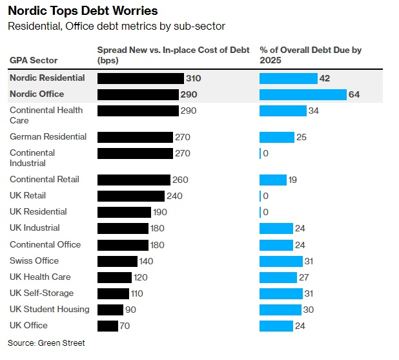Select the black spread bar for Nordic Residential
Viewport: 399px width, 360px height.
pyautogui.click(x=140, y=78)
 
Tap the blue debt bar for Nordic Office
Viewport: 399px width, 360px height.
pyautogui.click(x=303, y=94)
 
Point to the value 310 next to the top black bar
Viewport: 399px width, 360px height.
pyautogui.click(x=194, y=78)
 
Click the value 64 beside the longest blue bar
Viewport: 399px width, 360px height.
pyautogui.click(x=354, y=94)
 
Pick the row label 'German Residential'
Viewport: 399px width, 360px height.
pyautogui.click(x=48, y=136)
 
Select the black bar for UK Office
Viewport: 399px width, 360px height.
pyautogui.click(x=108, y=326)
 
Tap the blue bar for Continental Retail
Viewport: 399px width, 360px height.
pyautogui.click(x=273, y=180)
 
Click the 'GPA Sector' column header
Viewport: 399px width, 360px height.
pyautogui.click(x=34, y=60)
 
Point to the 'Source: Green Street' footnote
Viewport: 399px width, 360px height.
pyautogui.click(x=46, y=343)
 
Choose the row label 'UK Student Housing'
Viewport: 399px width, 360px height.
pyautogui.click(x=50, y=309)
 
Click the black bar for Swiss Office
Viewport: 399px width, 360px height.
pyautogui.click(x=118, y=261)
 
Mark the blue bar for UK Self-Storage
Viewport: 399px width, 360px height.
pyautogui.click(x=281, y=293)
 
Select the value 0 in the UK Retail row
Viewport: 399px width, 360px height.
pyautogui.click(x=265, y=196)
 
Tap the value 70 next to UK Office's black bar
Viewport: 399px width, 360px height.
pyautogui.click(x=125, y=326)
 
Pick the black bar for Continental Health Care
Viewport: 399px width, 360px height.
pyautogui.click(x=138, y=111)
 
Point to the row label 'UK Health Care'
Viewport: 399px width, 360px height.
pyautogui.click(x=40, y=277)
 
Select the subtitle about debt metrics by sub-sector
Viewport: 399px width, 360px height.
pyautogui.click(x=116, y=26)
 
